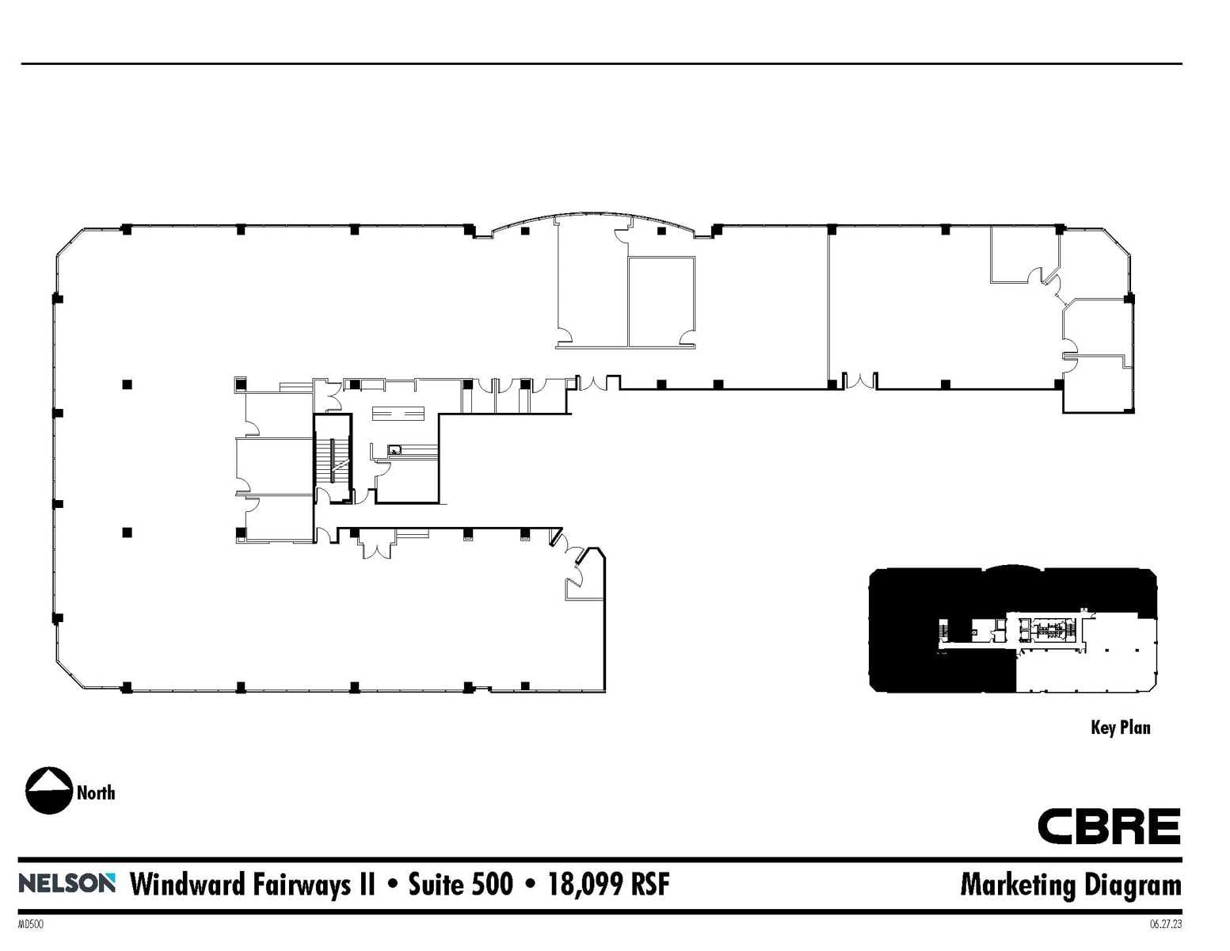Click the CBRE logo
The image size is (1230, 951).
pyautogui.click(x=1109, y=827)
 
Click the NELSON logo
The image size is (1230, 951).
pyautogui.click(x=67, y=883)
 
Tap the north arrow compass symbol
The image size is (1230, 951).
pyautogui.click(x=49, y=791)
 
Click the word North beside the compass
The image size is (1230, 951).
pyautogui.click(x=96, y=792)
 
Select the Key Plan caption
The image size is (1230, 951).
pyautogui.click(x=1120, y=728)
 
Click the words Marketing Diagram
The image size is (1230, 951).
pyautogui.click(x=1070, y=884)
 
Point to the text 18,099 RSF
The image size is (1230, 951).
pyautogui.click(x=608, y=884)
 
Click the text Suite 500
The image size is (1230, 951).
pyautogui.click(x=460, y=884)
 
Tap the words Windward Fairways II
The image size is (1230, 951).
pyautogui.click(x=252, y=884)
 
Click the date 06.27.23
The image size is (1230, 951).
pyautogui.click(x=1166, y=924)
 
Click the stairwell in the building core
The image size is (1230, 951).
pyautogui.click(x=333, y=460)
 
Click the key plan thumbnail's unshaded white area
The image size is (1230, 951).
pyautogui.click(x=1085, y=670)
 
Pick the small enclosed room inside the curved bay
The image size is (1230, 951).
pyautogui.click(x=661, y=301)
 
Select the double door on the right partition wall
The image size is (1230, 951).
pyautogui.click(x=859, y=381)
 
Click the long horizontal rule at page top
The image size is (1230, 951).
pyautogui.click(x=601, y=63)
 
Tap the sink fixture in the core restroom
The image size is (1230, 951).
pyautogui.click(x=394, y=450)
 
